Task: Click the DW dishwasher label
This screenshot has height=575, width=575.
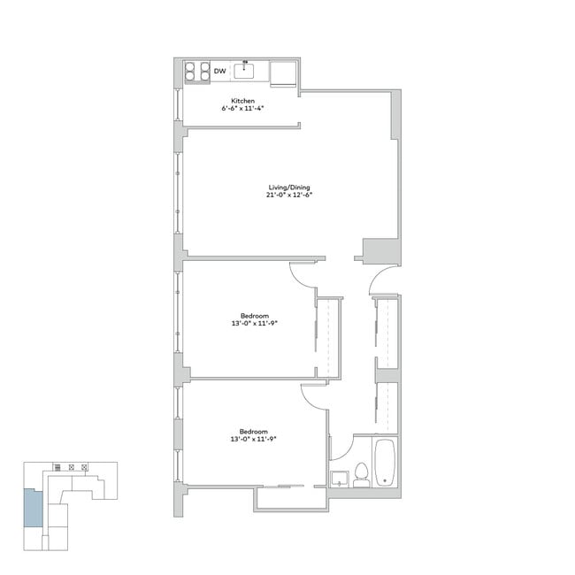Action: point(219,71)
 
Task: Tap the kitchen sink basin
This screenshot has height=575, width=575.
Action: point(244,71)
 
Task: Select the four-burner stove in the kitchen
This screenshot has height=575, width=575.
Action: point(196,71)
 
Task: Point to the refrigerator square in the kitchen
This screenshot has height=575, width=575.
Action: point(283,73)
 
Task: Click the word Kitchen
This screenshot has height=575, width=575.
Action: point(243,100)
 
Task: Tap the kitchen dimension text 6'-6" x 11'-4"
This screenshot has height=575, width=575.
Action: point(243,108)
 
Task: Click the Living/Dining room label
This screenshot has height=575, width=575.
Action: point(289,188)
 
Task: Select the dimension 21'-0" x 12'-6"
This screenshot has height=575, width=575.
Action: point(289,195)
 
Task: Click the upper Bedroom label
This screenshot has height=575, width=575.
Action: point(254,315)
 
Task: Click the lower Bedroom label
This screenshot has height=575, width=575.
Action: point(254,431)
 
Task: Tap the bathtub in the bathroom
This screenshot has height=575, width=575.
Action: point(387,463)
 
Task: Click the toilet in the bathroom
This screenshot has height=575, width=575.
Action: point(361,475)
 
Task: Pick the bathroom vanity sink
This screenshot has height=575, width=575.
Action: point(341,479)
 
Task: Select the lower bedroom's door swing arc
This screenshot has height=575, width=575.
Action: point(314,395)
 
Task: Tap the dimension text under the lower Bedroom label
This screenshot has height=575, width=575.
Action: point(254,439)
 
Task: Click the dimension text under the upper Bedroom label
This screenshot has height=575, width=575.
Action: point(254,323)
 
